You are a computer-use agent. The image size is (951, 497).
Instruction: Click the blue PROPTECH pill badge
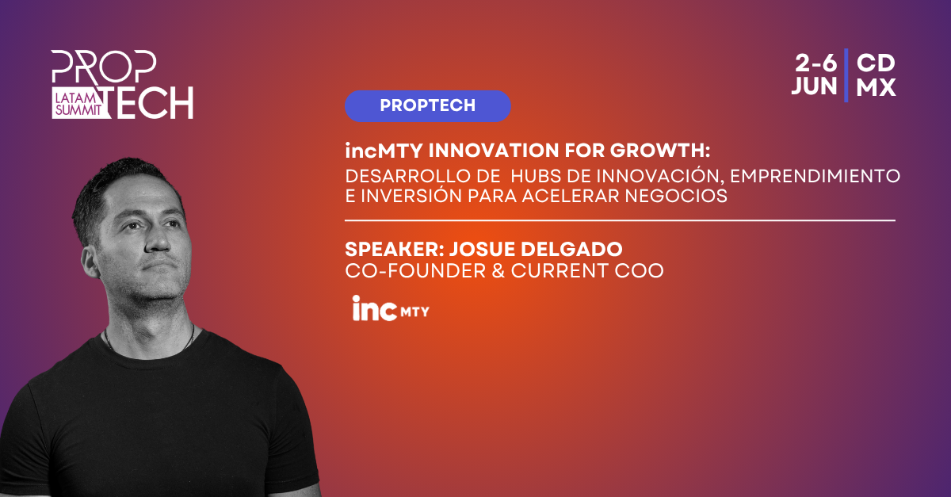[x=427, y=106]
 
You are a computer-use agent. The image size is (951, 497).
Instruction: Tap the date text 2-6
[x=815, y=63]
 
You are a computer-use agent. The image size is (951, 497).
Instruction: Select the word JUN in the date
[x=815, y=86]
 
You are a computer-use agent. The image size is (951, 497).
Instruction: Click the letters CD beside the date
[x=876, y=63]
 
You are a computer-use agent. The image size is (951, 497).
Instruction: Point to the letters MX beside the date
[x=876, y=87]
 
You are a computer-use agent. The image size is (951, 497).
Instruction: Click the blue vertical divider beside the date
[x=846, y=75]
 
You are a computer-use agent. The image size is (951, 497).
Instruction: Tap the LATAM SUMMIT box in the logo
[x=78, y=103]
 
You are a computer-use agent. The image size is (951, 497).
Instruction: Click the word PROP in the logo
[x=104, y=67]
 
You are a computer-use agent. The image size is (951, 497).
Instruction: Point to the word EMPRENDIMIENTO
[x=815, y=176]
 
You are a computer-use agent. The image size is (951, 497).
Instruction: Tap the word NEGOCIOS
[x=676, y=196]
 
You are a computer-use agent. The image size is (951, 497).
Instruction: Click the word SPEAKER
[x=395, y=250]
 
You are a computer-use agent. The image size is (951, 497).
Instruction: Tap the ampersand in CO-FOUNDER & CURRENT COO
[x=498, y=270]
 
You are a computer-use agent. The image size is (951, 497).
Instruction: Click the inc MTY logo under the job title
[x=391, y=308]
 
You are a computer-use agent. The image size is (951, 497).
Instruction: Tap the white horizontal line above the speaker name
[x=621, y=220]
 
